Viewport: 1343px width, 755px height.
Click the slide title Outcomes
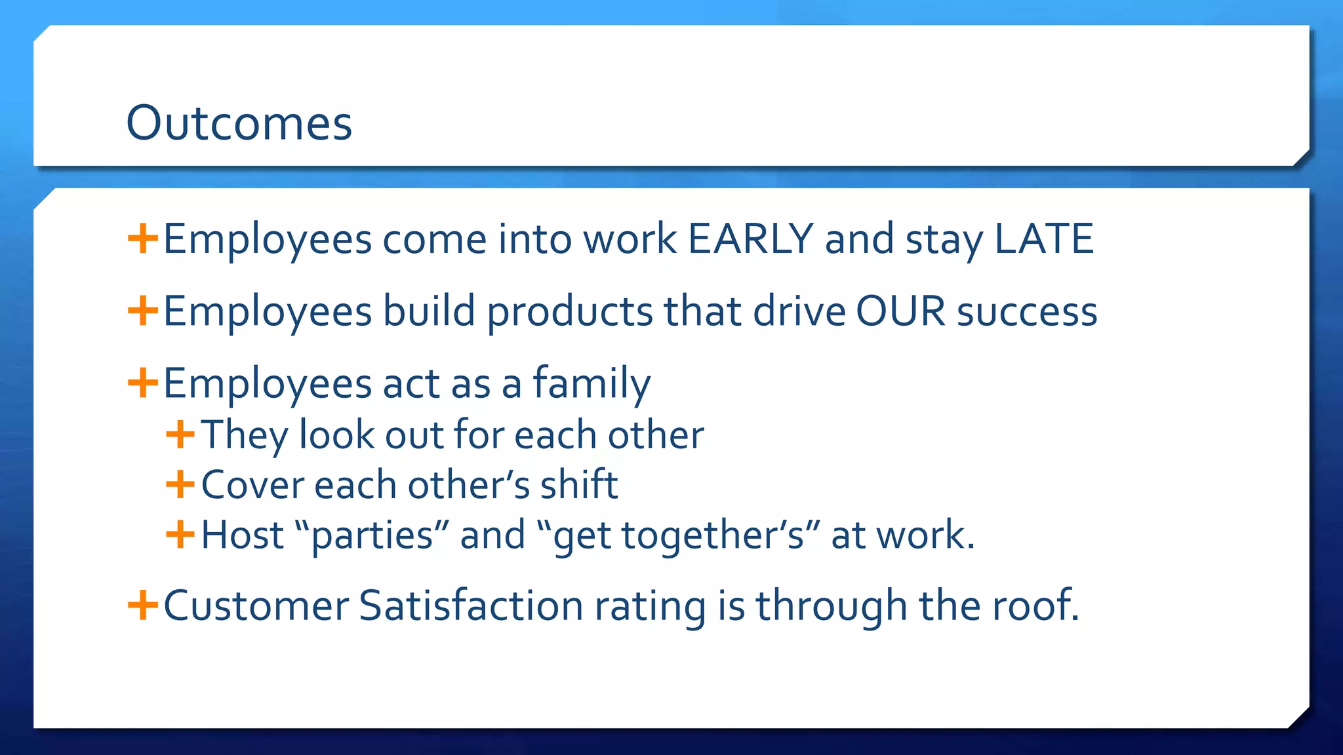coord(239,123)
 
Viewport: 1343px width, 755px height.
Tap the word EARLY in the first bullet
coord(750,239)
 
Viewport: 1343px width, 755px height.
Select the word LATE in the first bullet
coord(1043,239)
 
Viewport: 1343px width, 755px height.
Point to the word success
coord(1026,312)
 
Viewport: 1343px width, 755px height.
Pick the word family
coord(591,384)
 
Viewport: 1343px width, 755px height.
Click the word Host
coord(242,535)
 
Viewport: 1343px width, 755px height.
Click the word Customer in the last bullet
coord(256,606)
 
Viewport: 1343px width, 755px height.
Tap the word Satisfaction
coord(470,606)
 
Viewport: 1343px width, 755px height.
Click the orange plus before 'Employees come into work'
coord(142,239)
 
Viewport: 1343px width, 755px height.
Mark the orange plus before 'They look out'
coord(180,435)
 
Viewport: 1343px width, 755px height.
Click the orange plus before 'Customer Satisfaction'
coord(142,605)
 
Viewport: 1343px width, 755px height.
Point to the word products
coord(569,312)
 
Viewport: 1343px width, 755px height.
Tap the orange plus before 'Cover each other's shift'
coord(180,485)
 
